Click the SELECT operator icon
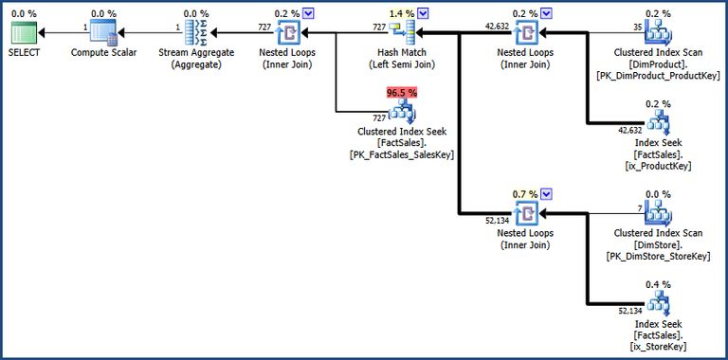click(x=26, y=35)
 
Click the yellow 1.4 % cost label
click(x=399, y=13)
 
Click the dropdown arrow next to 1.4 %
click(x=423, y=13)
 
